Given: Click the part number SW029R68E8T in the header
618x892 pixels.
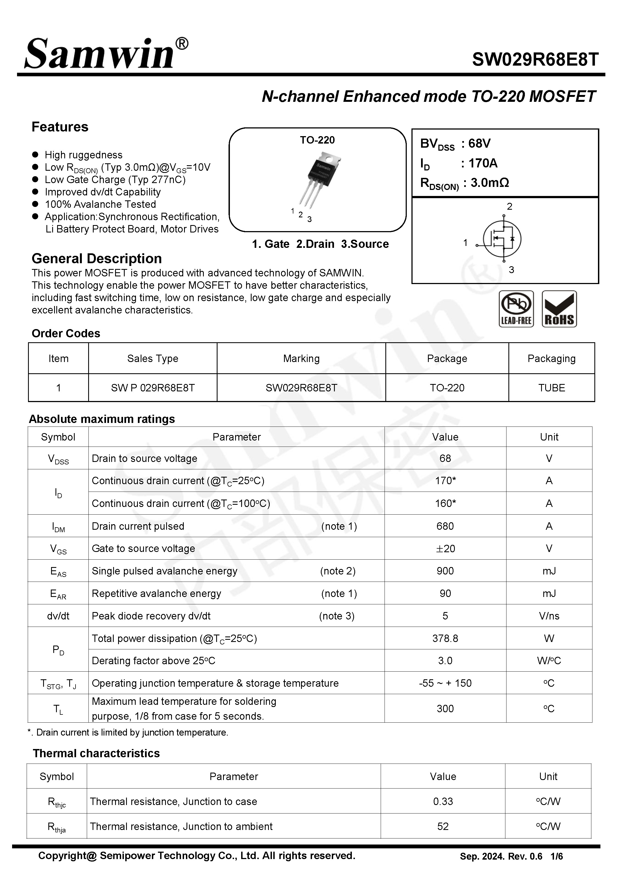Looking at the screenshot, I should [535, 60].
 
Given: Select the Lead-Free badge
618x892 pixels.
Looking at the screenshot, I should [516, 309].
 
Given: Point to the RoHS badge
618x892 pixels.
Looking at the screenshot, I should [559, 309].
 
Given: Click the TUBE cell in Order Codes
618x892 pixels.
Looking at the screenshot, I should [552, 388].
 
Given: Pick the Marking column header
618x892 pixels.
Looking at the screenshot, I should [301, 358].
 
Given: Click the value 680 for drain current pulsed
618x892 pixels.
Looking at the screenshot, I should [445, 526].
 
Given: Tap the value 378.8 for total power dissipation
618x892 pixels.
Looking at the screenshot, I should [445, 638].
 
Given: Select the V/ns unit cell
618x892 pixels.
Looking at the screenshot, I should [549, 616].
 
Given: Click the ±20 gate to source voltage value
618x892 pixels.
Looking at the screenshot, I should [445, 548].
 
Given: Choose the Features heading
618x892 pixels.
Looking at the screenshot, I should [60, 127].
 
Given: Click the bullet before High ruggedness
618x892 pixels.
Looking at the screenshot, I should [35, 155].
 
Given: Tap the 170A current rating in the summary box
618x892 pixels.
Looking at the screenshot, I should [483, 163].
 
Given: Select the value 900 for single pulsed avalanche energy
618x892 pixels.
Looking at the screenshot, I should [445, 571].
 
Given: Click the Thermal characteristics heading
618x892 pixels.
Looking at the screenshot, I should [96, 753].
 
